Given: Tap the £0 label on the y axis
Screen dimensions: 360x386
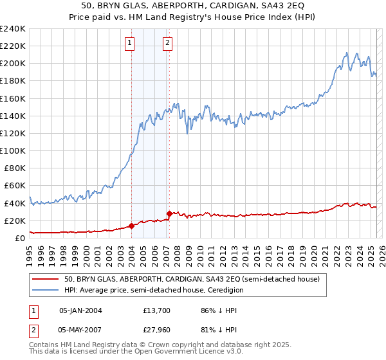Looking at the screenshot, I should pyautogui.click(x=21, y=238).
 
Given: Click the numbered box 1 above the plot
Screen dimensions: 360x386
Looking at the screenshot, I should pyautogui.click(x=131, y=43).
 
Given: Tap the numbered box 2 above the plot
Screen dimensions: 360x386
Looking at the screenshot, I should pyautogui.click(x=167, y=43).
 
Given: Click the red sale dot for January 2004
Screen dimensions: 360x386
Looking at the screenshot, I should pyautogui.click(x=131, y=226).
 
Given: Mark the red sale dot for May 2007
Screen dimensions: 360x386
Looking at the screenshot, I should pyautogui.click(x=169, y=213).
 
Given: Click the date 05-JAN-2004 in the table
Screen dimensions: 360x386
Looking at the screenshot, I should pyautogui.click(x=80, y=310).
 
